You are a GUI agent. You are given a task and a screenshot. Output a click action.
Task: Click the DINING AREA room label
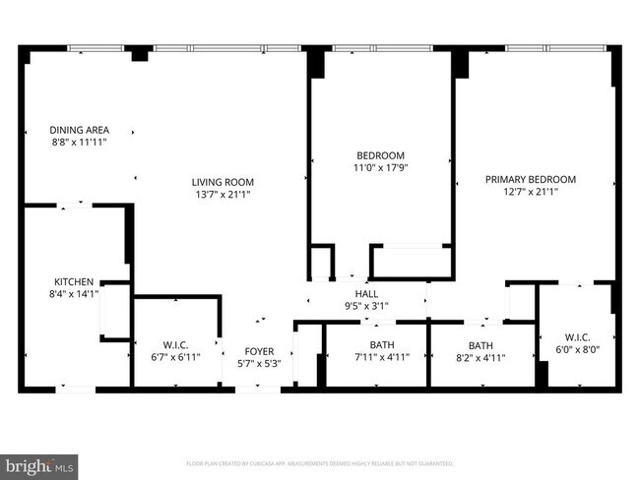(80, 130)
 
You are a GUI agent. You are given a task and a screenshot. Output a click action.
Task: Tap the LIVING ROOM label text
(223, 182)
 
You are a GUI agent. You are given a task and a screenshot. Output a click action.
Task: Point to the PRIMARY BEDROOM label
(530, 179)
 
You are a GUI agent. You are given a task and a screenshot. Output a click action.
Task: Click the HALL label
(366, 293)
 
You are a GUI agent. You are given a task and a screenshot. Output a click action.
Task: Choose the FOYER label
(260, 351)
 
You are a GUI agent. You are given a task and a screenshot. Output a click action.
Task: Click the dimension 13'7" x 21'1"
(223, 194)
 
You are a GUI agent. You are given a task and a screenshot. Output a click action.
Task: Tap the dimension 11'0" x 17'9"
(380, 168)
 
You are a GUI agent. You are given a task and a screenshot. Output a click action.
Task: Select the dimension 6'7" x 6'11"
(175, 357)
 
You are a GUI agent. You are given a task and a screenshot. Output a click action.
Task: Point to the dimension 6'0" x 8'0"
(576, 348)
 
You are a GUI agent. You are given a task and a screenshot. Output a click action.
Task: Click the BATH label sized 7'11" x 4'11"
(381, 345)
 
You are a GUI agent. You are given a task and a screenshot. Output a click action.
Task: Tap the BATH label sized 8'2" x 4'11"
(480, 345)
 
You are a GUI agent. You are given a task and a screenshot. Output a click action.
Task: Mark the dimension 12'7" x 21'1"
(530, 192)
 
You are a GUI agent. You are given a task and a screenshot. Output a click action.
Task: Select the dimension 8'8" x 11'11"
(80, 143)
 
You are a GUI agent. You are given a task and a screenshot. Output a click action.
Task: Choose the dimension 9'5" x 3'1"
(366, 306)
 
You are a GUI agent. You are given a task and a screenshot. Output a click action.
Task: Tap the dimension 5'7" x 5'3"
(260, 364)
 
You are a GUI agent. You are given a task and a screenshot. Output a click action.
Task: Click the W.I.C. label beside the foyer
(175, 345)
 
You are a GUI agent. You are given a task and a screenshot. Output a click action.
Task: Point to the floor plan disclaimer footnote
(320, 462)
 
